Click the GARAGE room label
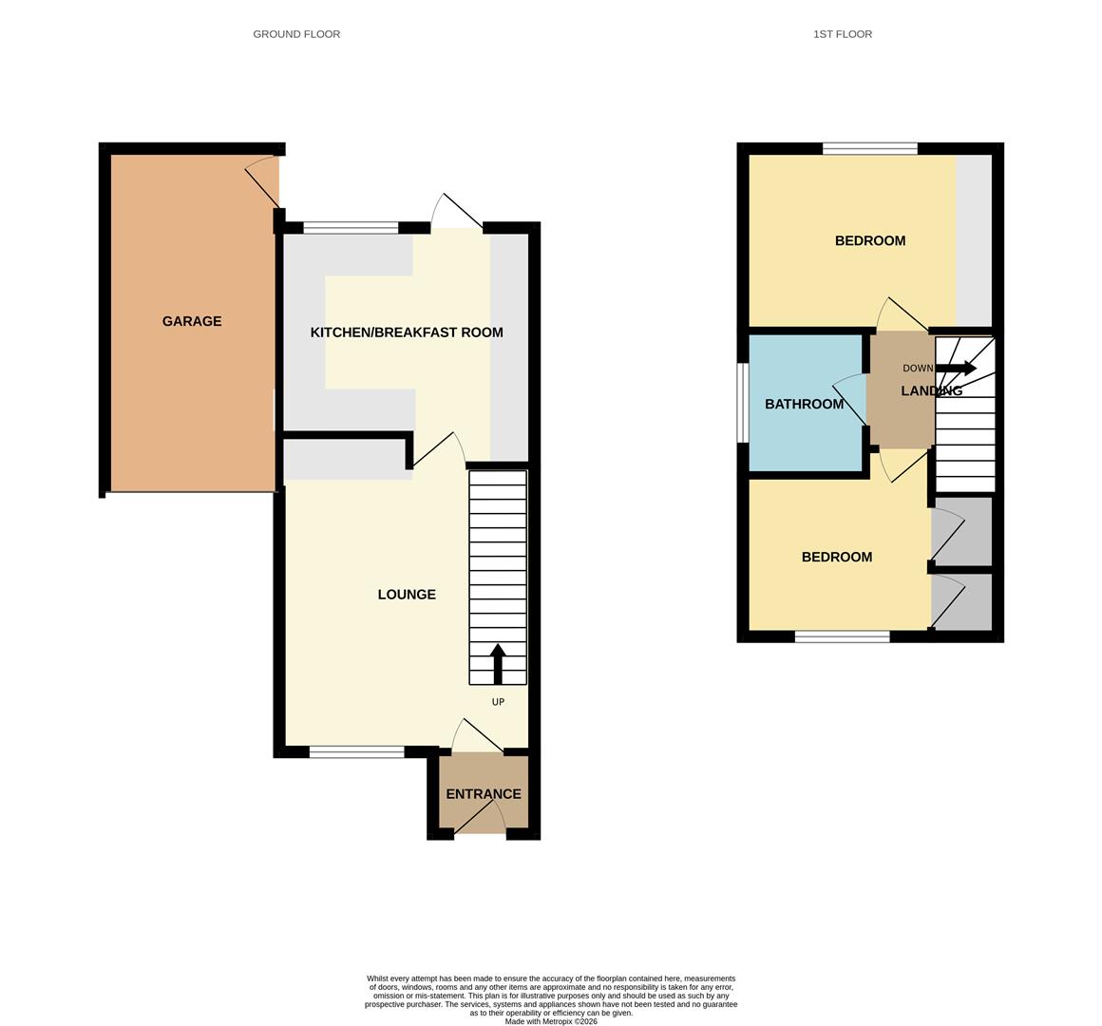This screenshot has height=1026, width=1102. tap(192, 321)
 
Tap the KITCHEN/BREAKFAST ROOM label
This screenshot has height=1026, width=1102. tap(407, 332)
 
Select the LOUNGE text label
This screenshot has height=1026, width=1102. tap(407, 595)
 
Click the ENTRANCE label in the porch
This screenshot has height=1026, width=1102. tap(484, 794)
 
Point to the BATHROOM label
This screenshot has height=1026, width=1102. tap(804, 405)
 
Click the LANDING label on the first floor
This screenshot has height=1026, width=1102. tap(931, 391)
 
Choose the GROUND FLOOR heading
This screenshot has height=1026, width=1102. tap(296, 34)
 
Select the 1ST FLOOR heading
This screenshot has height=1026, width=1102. tap(842, 34)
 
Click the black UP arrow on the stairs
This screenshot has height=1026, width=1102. tap(497, 663)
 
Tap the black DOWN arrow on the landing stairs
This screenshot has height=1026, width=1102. tap(956, 369)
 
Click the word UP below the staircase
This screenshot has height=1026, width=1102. tap(498, 702)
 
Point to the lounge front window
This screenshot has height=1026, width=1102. tap(356, 752)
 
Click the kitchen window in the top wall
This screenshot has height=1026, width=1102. tap(351, 228)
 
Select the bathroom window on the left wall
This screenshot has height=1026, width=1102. tap(744, 404)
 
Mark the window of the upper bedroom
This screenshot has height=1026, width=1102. tap(869, 148)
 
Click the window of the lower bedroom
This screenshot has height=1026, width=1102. tap(842, 636)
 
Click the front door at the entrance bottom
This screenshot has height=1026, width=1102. tap(481, 819)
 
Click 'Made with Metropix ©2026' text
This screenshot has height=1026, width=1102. tap(551, 1021)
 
